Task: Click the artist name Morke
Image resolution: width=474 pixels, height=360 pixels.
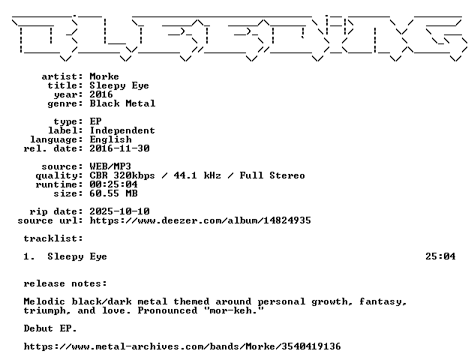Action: (x=104, y=76)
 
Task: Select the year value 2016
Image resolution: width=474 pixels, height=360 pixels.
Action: (x=101, y=94)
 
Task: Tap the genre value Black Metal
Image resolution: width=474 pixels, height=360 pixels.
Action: (x=122, y=103)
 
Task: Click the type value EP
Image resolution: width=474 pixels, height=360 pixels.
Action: (x=95, y=121)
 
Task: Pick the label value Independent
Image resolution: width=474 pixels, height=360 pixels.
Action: (x=122, y=130)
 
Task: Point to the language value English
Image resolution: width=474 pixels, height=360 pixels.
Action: (x=111, y=139)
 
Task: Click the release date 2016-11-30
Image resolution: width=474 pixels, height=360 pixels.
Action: (x=120, y=148)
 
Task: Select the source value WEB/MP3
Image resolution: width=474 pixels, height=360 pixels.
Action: (x=110, y=166)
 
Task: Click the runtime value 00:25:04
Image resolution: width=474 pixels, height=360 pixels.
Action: (x=114, y=184)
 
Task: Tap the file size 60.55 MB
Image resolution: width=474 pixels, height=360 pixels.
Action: (x=114, y=193)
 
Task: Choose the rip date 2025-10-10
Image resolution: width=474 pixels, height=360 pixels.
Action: (x=120, y=211)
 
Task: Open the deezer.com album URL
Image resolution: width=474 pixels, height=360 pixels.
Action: (x=200, y=220)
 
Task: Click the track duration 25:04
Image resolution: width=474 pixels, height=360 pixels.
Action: (x=440, y=256)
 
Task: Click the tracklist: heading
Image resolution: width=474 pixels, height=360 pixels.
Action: (x=53, y=238)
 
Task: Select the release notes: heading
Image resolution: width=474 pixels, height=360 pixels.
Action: (x=65, y=283)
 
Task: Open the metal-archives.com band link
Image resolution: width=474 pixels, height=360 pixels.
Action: (x=182, y=346)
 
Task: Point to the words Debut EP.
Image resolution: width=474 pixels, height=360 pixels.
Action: (x=50, y=328)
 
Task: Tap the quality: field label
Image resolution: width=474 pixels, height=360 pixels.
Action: (x=59, y=176)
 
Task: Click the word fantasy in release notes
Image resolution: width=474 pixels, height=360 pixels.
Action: (x=383, y=302)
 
